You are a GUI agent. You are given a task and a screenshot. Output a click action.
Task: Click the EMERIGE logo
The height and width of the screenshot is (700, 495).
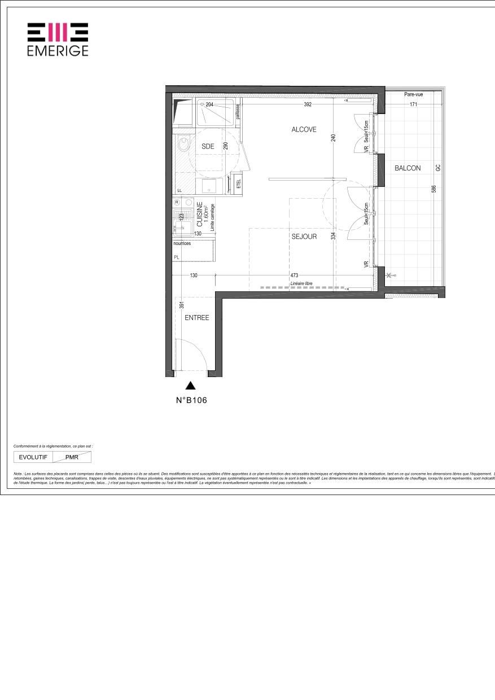pyautogui.click(x=58, y=40)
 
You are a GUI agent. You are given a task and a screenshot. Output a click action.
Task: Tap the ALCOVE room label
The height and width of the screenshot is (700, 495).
pyautogui.click(x=304, y=130)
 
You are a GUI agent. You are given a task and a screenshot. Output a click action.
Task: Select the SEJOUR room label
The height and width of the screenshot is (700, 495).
pyautogui.click(x=304, y=237)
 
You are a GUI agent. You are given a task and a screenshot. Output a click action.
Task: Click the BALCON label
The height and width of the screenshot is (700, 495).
pyautogui.click(x=407, y=168)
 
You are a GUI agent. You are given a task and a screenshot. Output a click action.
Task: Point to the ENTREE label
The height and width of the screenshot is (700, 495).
pyautogui.click(x=197, y=318)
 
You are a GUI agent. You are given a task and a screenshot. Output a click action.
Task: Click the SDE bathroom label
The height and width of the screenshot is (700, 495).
pyautogui.click(x=208, y=147)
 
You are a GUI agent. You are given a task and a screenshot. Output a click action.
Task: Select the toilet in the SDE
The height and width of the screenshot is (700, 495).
pyautogui.click(x=183, y=146)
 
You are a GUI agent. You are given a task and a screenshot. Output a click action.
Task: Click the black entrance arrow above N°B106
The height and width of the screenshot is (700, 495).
pyautogui.click(x=191, y=386)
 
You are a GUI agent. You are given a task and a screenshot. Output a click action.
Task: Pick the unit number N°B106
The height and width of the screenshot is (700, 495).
pyautogui.click(x=191, y=401)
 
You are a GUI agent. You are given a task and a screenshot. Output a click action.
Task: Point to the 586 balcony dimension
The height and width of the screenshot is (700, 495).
pyautogui.click(x=433, y=190)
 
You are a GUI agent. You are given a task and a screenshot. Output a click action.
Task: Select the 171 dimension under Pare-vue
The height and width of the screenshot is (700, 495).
pyautogui.click(x=413, y=104)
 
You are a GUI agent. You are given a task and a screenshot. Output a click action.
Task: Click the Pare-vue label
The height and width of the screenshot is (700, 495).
pyautogui.click(x=413, y=95)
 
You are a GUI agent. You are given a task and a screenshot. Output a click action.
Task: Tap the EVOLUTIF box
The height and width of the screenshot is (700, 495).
pyautogui.click(x=33, y=457)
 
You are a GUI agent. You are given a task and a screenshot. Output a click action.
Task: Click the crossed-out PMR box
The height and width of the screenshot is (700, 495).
pyautogui.click(x=72, y=457)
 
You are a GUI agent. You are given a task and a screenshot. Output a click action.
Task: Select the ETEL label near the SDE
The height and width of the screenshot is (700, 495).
pyautogui.click(x=238, y=184)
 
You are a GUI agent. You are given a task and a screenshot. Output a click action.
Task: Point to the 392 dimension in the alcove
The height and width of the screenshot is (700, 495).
pyautogui.click(x=308, y=104)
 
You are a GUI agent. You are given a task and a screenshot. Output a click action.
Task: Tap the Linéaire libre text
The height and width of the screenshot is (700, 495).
pyautogui.click(x=301, y=283)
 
